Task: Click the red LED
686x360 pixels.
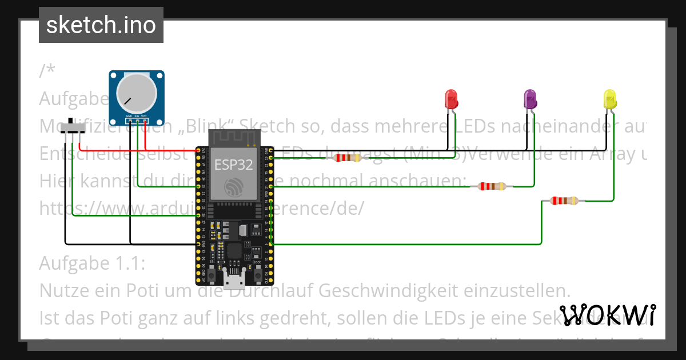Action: click(451, 99)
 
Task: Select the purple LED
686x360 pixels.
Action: click(530, 99)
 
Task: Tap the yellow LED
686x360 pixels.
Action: click(610, 99)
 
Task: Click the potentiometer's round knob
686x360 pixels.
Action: click(137, 94)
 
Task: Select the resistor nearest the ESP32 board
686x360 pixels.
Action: click(348, 158)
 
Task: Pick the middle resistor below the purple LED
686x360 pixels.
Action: click(492, 186)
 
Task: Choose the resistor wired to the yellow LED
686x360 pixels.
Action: click(564, 201)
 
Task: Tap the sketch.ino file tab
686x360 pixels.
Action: click(101, 25)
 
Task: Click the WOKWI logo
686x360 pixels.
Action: click(607, 315)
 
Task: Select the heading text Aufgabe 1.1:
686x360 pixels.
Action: click(92, 263)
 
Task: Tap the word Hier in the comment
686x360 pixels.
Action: click(57, 181)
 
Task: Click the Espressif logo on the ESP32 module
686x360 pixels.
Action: click(234, 187)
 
